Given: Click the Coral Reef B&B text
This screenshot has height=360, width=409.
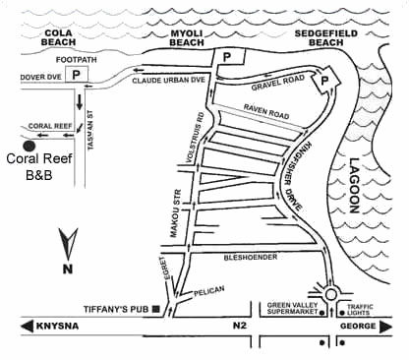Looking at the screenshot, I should coord(34,166).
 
